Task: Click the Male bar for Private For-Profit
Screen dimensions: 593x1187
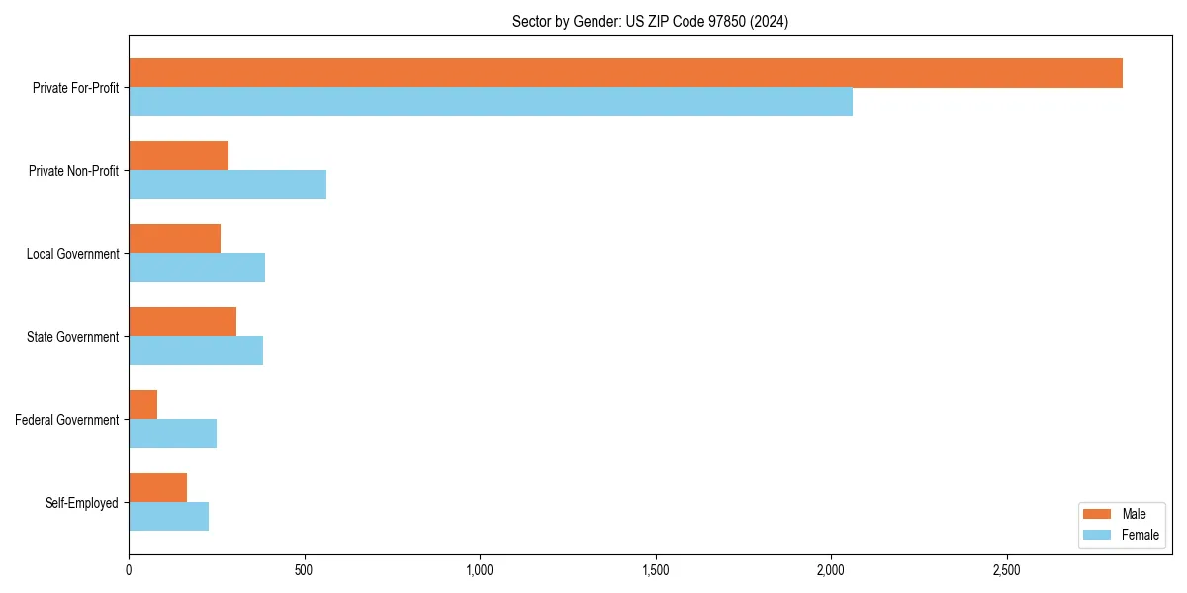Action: [625, 73]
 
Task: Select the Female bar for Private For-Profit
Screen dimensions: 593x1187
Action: [491, 102]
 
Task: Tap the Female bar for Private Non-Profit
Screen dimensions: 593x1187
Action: [228, 185]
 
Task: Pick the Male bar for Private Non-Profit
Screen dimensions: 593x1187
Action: [179, 156]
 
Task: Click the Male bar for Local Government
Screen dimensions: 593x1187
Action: [175, 239]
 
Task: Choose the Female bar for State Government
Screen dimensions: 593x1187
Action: [196, 351]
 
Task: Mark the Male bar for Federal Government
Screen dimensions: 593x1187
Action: [143, 405]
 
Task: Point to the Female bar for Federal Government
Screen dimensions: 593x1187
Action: [173, 434]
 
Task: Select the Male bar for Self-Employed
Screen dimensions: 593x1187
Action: [158, 488]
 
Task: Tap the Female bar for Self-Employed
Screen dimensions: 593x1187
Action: [169, 517]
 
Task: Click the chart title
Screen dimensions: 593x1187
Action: [650, 21]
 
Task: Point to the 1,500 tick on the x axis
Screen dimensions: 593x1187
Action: [655, 570]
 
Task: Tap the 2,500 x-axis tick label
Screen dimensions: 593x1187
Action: [1006, 570]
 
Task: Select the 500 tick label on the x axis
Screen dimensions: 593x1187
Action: [304, 570]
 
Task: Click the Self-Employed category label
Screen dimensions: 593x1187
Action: [82, 503]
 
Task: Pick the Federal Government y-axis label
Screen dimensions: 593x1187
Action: [67, 420]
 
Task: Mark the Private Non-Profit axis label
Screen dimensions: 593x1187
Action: [73, 171]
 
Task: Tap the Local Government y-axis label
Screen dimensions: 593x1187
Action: [72, 254]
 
